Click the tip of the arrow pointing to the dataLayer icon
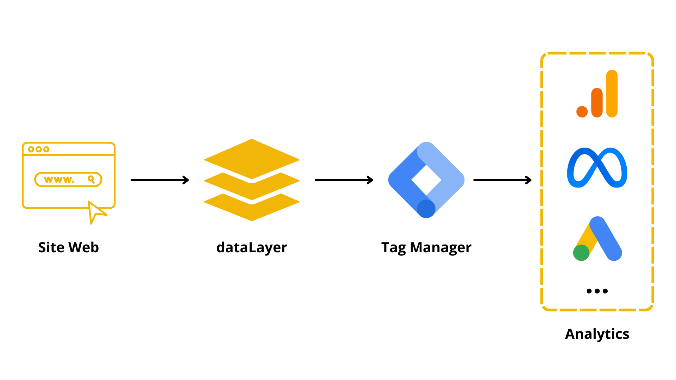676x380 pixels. [189, 180]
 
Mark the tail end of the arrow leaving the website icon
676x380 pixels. [131, 180]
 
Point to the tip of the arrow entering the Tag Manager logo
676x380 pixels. [373, 180]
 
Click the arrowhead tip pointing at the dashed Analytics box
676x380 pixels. [532, 180]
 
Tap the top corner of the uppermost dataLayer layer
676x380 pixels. [252, 139]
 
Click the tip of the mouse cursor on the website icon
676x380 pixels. [88, 201]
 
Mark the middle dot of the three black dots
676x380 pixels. [597, 291]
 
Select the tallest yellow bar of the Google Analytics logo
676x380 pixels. [612, 94]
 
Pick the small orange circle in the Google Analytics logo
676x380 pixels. [582, 112]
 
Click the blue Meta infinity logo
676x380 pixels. [597, 167]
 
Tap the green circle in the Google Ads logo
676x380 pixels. [581, 253]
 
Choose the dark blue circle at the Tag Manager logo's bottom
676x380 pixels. [426, 209]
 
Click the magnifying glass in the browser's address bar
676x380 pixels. [91, 179]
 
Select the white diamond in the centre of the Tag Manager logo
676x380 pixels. [426, 180]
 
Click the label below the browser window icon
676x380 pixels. [69, 247]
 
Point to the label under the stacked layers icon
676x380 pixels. [252, 248]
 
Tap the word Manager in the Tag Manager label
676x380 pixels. [440, 248]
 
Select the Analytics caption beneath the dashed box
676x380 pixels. [597, 334]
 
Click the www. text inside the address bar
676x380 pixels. [59, 180]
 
